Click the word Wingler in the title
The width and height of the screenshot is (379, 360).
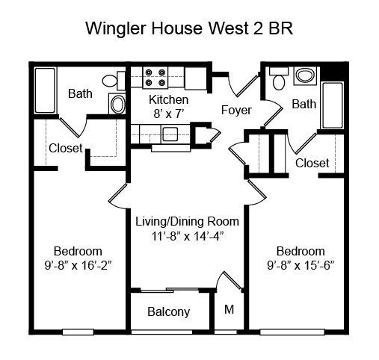tap(115, 29)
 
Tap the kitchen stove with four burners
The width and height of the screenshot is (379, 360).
tap(155, 78)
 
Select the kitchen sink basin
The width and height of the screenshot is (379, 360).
tap(170, 134)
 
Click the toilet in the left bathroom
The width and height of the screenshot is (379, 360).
tap(114, 81)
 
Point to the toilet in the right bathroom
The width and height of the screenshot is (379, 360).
tap(279, 78)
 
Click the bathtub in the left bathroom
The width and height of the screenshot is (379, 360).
tap(45, 90)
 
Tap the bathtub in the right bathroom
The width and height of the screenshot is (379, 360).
tap(333, 105)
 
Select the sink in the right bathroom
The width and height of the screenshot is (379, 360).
tap(305, 75)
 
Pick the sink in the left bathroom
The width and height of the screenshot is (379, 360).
tap(117, 104)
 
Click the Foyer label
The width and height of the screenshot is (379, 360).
tap(236, 110)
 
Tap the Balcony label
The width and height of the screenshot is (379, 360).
tap(169, 312)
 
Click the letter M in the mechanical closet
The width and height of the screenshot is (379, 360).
tap(229, 309)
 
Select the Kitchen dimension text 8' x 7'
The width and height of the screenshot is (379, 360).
tap(169, 114)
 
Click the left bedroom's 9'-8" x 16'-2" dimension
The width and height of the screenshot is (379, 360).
tap(78, 265)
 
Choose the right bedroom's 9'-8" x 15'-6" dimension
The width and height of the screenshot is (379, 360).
tap(301, 265)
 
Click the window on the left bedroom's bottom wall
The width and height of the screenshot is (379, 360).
tap(78, 332)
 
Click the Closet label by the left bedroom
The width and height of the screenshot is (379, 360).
tap(66, 148)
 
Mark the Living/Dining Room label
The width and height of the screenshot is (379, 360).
tap(187, 222)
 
